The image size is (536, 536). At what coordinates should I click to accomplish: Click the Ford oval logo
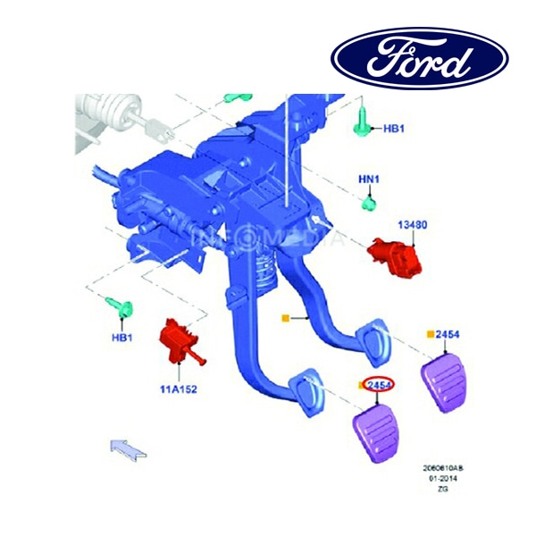coord(419,58)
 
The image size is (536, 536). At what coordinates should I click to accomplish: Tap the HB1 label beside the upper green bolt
coord(394,129)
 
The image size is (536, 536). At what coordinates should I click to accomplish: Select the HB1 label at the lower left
coord(122,338)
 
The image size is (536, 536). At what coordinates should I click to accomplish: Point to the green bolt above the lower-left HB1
coord(122,308)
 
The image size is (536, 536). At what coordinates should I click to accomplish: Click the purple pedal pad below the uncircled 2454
coord(447,381)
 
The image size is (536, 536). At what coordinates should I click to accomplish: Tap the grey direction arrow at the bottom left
coord(128,447)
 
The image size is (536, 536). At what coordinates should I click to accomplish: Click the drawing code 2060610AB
coord(443,468)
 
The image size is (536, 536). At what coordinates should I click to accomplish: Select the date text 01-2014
coord(443,480)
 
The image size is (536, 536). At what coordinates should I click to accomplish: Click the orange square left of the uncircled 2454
coord(430,334)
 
